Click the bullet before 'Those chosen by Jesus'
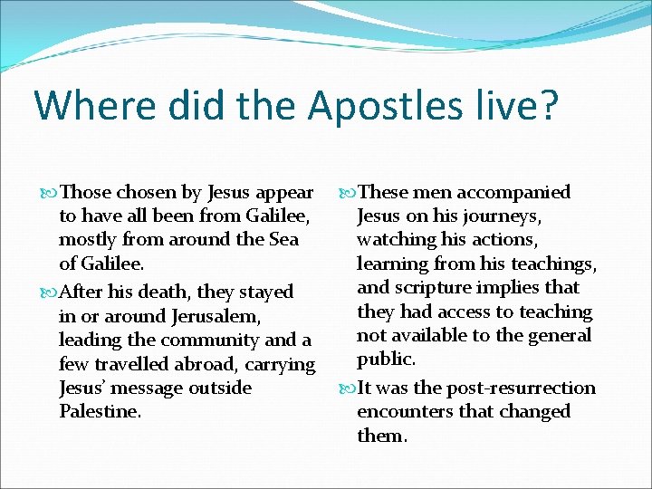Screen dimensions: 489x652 [x=49, y=193]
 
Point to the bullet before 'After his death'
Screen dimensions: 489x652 [x=49, y=292]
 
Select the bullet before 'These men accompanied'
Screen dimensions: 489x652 [x=348, y=193]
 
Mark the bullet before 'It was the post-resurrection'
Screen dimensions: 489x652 [x=348, y=388]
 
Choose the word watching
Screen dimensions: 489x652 [x=396, y=240]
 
